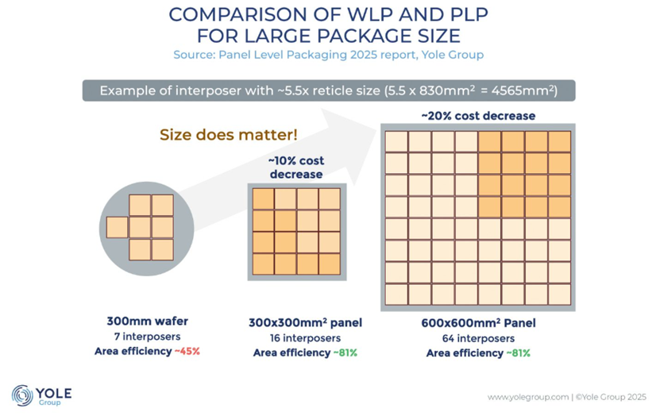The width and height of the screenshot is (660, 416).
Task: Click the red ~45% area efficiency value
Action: tap(187, 351)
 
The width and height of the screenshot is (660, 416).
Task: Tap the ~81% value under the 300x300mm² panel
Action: tap(345, 353)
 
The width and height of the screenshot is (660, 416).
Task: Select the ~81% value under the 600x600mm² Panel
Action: tap(518, 353)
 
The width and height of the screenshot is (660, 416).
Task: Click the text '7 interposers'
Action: tap(147, 337)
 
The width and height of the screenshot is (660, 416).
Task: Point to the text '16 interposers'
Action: tap(305, 338)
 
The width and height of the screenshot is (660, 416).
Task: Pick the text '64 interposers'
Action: tap(478, 339)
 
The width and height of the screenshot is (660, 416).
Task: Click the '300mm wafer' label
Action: tap(147, 322)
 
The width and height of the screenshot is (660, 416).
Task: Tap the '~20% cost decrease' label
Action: tap(478, 116)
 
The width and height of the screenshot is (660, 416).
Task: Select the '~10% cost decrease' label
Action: tap(296, 168)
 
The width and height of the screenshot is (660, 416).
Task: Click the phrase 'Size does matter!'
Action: tap(229, 135)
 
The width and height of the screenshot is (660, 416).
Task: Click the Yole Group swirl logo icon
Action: tap(22, 395)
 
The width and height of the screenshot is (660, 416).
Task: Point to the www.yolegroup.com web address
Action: tap(528, 397)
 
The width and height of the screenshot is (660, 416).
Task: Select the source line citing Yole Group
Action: tap(329, 55)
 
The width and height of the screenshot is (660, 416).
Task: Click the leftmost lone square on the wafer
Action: tap(117, 228)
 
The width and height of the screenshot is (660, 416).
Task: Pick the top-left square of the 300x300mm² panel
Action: tap(264, 199)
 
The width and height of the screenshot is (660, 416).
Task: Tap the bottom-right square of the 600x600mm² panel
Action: tap(559, 295)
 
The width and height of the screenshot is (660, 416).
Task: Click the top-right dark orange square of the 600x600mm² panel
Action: tap(559, 142)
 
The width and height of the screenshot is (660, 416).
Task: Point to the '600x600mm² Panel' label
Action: tap(478, 323)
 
